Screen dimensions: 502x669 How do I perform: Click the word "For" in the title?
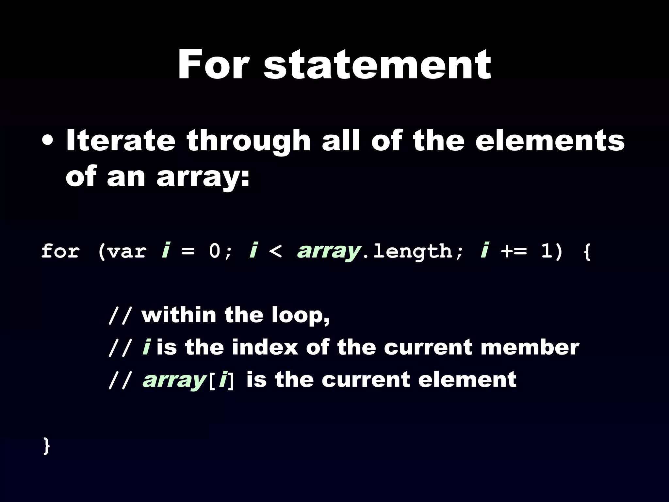212,64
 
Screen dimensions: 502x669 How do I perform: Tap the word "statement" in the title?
377,65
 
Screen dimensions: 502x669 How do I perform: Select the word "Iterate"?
121,141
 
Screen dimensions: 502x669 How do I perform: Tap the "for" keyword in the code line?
60,252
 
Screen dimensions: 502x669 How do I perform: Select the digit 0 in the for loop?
215,252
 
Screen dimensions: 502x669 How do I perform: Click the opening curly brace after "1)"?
587,252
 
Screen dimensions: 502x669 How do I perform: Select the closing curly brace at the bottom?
47,446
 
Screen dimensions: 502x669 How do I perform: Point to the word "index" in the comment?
265,347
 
